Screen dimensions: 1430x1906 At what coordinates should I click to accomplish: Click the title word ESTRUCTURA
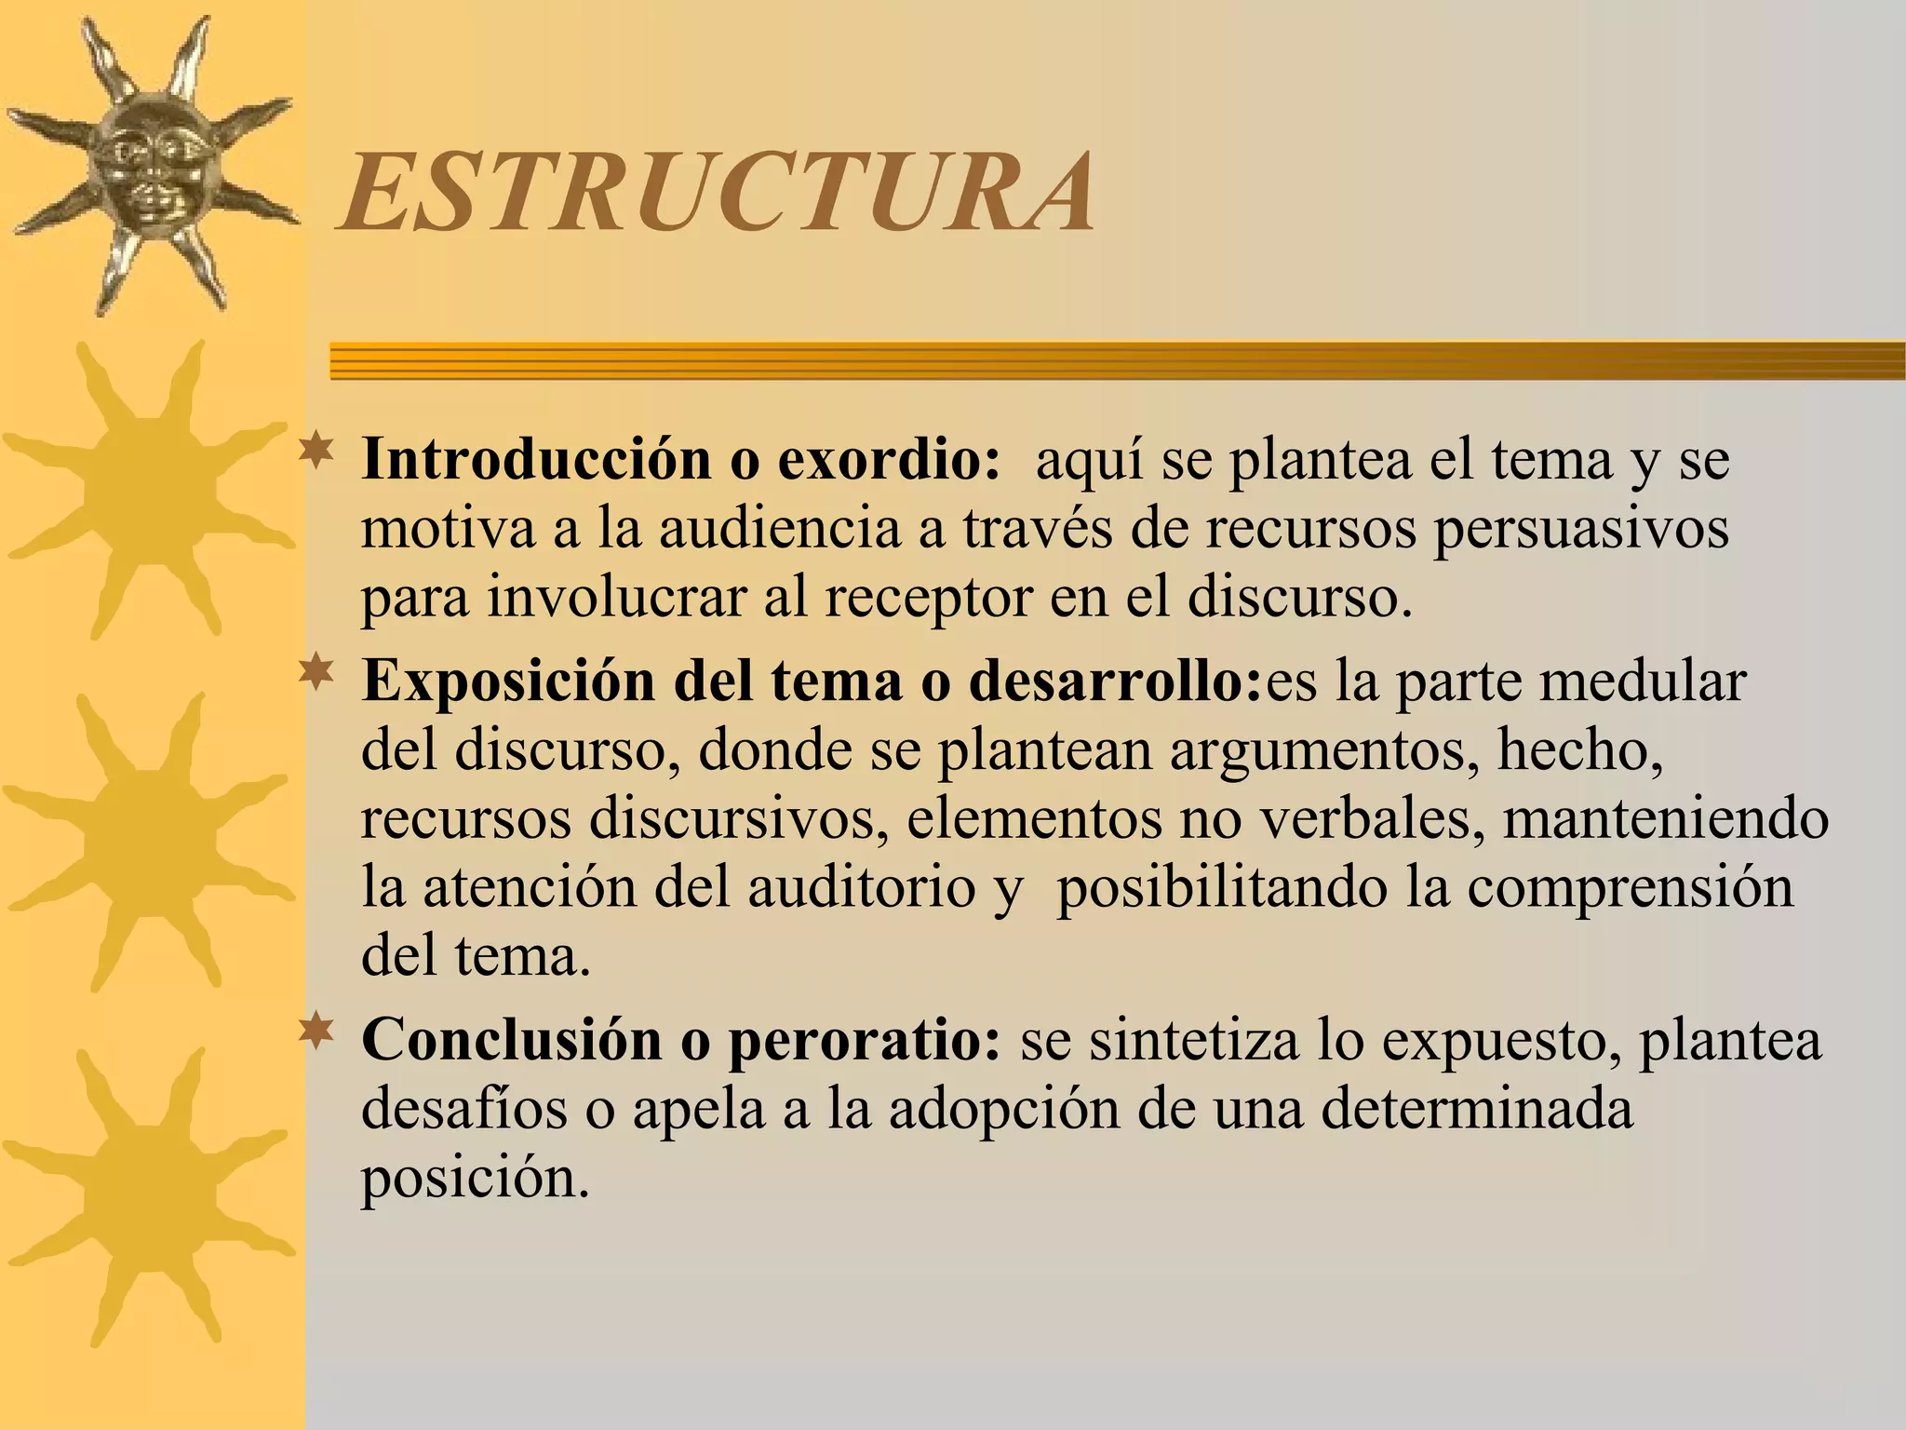point(717,194)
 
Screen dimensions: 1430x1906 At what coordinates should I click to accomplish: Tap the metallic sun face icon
point(149,168)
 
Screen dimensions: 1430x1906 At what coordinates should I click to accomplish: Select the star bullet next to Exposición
point(317,673)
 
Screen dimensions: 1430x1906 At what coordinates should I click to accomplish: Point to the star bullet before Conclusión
point(317,1032)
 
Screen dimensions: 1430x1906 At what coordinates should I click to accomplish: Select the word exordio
point(888,459)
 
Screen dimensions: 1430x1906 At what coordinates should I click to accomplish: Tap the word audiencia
point(781,528)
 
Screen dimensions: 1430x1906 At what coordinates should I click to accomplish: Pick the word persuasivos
point(1581,528)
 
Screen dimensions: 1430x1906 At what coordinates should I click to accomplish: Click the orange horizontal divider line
point(1117,361)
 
